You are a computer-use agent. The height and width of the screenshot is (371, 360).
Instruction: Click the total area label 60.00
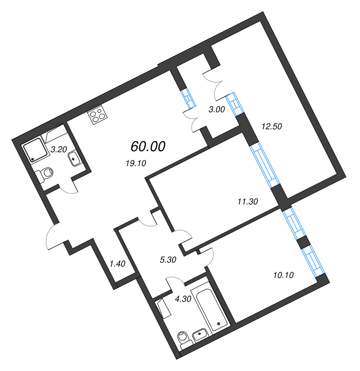coord(148,147)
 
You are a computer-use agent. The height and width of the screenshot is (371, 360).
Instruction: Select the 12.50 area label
coord(272,126)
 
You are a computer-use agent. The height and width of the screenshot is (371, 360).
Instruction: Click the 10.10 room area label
coord(283,275)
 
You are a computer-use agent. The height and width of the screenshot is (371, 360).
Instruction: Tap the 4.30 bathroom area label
coord(183,300)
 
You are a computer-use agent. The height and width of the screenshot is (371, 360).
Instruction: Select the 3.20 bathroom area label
coord(59,149)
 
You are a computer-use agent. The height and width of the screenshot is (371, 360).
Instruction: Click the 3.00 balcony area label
coord(217,110)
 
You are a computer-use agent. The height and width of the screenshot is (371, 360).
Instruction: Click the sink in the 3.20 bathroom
coord(74,160)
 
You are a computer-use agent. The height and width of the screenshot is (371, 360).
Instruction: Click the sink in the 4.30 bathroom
coord(200,334)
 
